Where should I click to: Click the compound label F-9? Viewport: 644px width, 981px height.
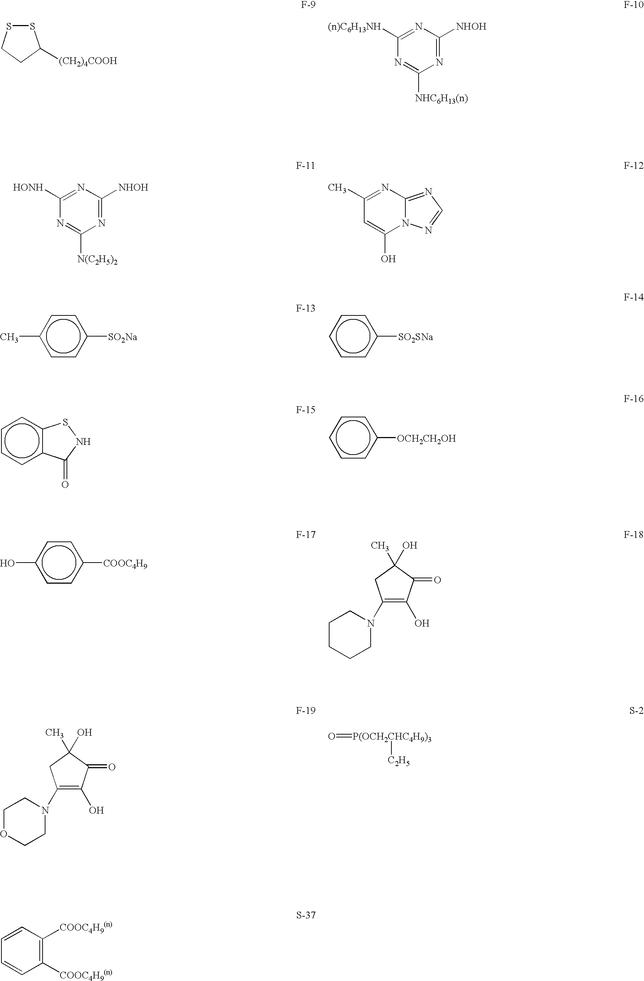click(x=308, y=5)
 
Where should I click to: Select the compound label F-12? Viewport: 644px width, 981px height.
click(x=633, y=166)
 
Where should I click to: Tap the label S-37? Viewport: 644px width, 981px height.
click(x=306, y=915)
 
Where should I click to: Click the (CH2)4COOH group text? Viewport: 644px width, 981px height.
click(x=88, y=62)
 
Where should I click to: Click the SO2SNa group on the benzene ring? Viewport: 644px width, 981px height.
click(x=415, y=337)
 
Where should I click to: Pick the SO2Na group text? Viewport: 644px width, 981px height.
click(x=122, y=337)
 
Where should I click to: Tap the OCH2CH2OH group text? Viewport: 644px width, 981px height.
click(x=426, y=438)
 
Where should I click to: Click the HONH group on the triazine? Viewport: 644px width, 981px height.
click(x=28, y=187)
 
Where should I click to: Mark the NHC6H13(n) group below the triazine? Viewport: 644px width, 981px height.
click(x=441, y=98)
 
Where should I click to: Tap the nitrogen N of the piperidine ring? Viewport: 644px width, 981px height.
click(x=371, y=623)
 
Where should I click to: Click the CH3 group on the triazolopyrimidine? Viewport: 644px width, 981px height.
click(x=337, y=188)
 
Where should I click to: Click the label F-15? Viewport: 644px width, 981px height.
click(x=306, y=410)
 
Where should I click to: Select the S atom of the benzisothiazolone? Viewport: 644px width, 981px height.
click(x=65, y=422)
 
